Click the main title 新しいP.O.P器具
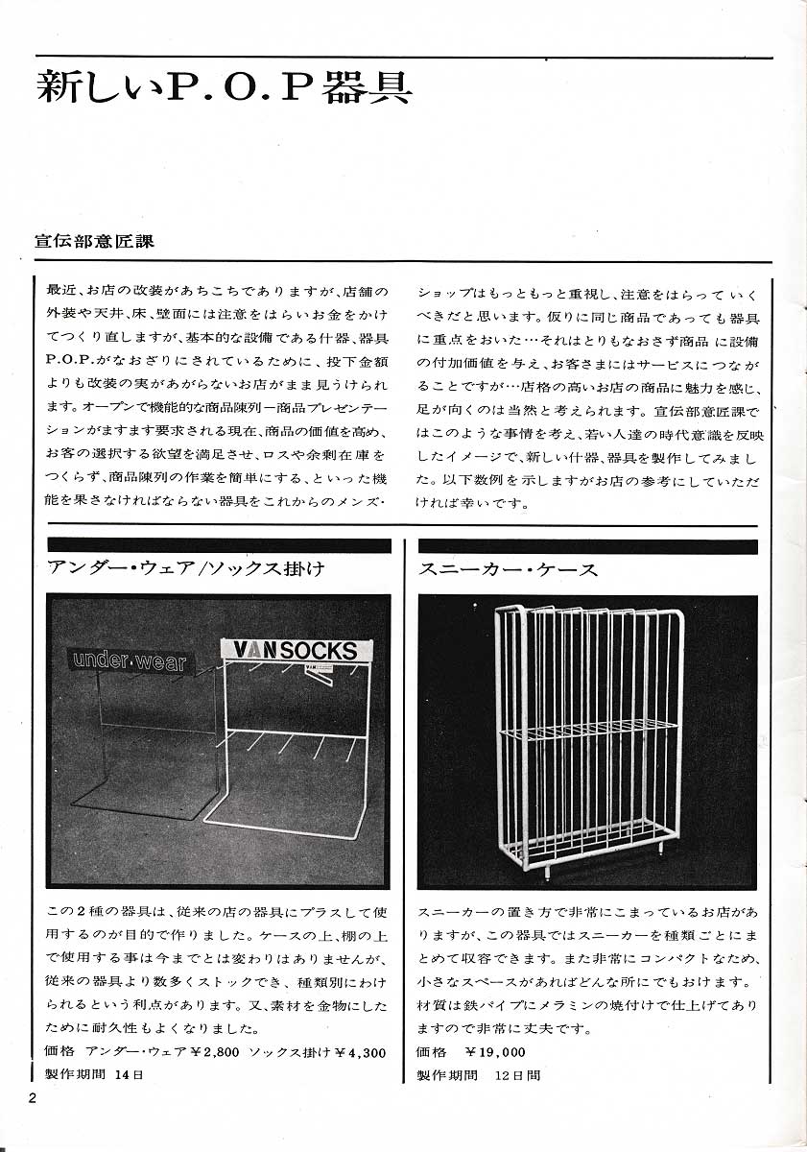(225, 87)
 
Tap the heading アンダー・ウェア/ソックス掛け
(186, 568)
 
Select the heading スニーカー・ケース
(509, 569)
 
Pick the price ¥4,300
(360, 1052)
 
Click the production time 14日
(127, 1075)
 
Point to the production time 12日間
(517, 1075)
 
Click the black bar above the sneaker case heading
(588, 546)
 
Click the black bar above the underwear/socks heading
(219, 546)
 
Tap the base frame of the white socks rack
(288, 831)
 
